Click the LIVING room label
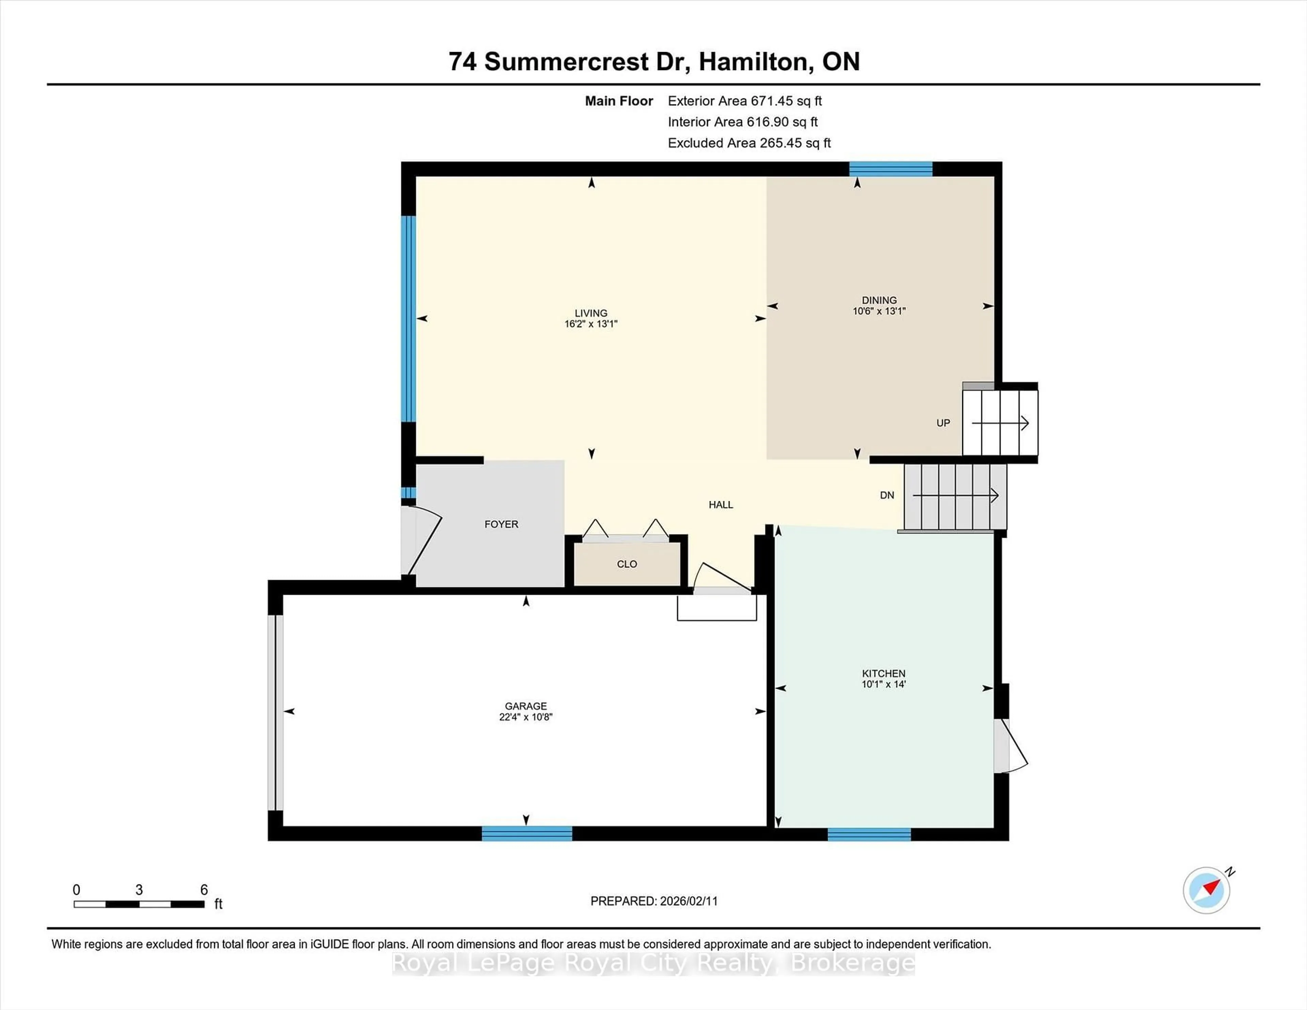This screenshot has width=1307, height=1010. pyautogui.click(x=591, y=313)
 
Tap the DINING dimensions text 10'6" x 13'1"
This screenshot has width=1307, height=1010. pyautogui.click(x=879, y=311)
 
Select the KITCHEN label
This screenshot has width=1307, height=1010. pyautogui.click(x=883, y=673)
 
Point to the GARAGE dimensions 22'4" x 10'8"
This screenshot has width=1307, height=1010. pyautogui.click(x=526, y=717)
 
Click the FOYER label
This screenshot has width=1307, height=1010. pyautogui.click(x=501, y=524)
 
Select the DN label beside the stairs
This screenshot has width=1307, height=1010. pyautogui.click(x=887, y=495)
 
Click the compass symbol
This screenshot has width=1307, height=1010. pyautogui.click(x=1207, y=890)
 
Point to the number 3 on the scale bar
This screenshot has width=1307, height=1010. pyautogui.click(x=139, y=890)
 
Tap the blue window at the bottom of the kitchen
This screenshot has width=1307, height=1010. pyautogui.click(x=869, y=834)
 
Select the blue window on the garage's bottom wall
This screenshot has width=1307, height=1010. pyautogui.click(x=527, y=833)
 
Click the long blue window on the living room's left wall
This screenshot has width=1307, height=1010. pyautogui.click(x=408, y=319)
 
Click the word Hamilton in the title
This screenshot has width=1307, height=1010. pyautogui.click(x=755, y=62)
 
